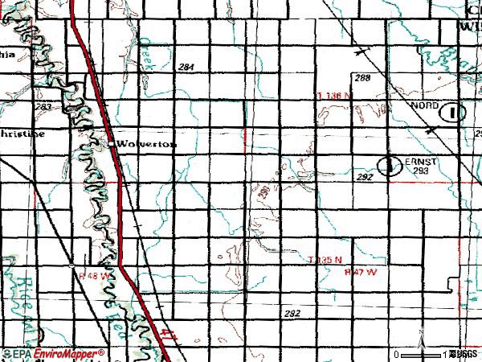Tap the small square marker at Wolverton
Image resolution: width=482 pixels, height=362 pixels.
[112, 143]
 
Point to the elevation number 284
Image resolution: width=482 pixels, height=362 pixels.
[187, 67]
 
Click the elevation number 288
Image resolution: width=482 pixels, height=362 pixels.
[362, 78]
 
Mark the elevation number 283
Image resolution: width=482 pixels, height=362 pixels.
[44, 106]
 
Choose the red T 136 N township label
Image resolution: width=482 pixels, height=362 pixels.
[333, 96]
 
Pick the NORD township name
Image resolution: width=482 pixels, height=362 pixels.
[425, 106]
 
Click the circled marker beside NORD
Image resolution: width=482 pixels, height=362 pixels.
[456, 112]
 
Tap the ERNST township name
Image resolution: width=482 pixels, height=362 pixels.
[425, 161]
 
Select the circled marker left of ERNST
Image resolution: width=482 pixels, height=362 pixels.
[390, 165]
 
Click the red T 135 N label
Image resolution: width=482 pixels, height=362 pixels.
[325, 260]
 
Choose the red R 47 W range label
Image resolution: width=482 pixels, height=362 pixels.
[359, 271]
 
